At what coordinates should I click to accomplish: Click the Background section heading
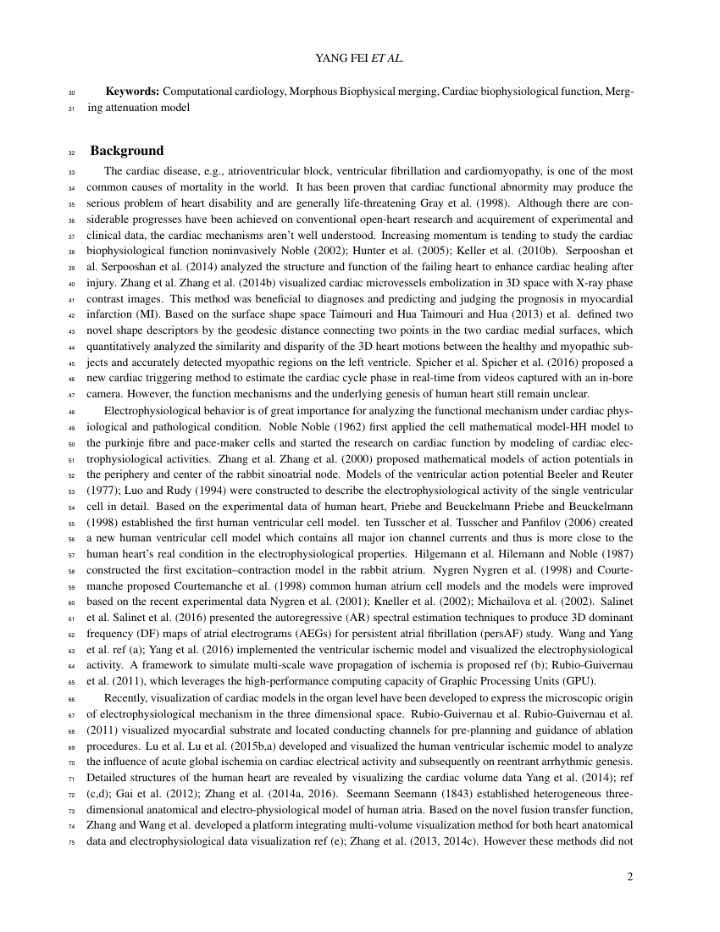click(x=127, y=151)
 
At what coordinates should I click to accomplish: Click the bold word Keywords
click(x=132, y=91)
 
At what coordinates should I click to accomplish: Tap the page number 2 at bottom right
click(x=629, y=877)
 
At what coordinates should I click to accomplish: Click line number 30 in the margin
click(x=71, y=92)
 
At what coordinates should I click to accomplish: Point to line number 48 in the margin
click(x=71, y=409)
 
